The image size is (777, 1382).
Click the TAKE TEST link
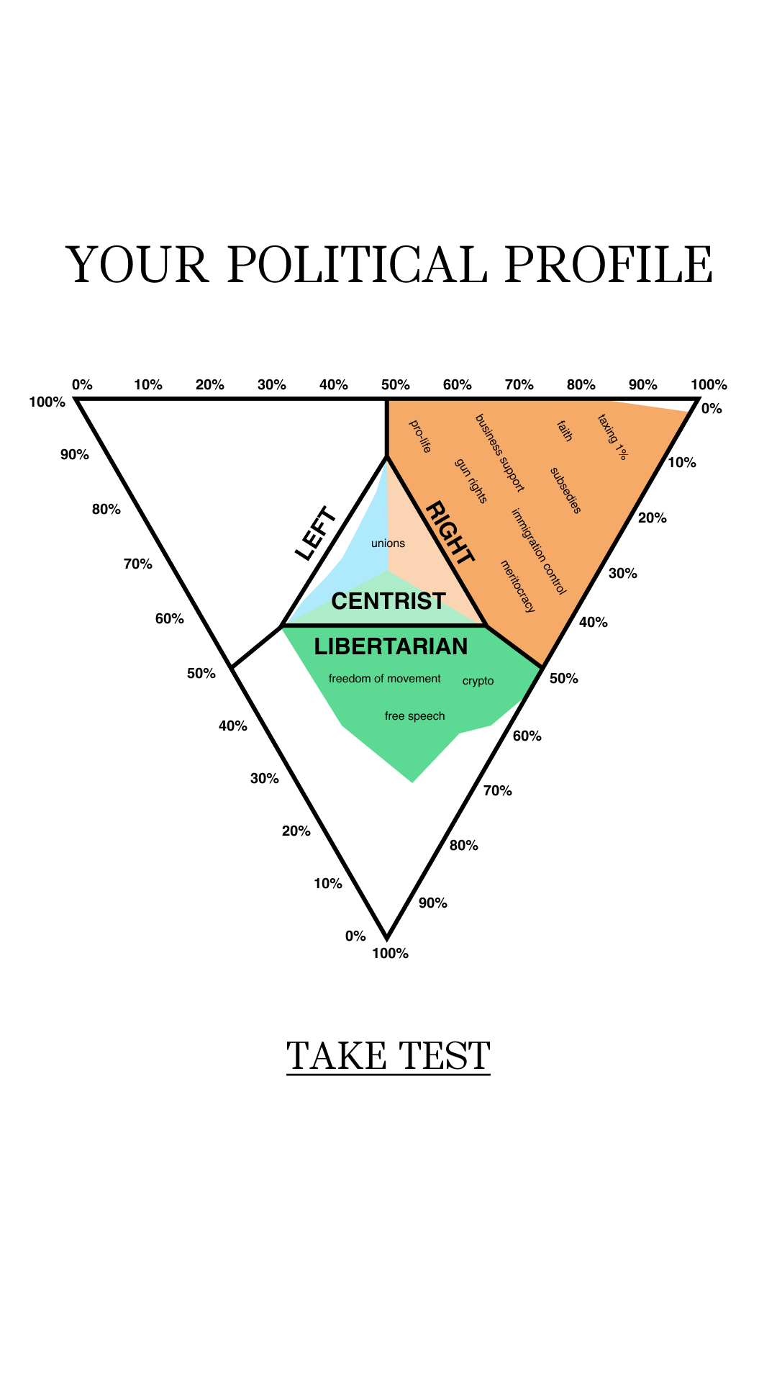point(388,1056)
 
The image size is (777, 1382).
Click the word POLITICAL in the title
point(357,264)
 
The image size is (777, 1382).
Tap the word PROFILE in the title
point(609,264)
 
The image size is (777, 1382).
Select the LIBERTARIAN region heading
point(391,646)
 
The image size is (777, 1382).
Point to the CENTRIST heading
point(388,601)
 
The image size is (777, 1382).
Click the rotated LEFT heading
point(316,533)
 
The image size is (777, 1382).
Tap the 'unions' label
point(388,543)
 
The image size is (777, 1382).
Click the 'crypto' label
point(478,681)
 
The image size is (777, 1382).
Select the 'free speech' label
point(415,716)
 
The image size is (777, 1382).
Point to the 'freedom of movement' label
point(385,679)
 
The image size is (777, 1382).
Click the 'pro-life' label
point(420,436)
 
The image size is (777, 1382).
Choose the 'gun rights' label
point(472,481)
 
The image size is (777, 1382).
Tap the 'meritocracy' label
point(518,586)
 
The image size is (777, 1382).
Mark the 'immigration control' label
point(539,551)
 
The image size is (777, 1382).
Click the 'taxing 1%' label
point(613,437)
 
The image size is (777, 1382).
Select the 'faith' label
point(565,430)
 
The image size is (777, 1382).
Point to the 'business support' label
point(500,453)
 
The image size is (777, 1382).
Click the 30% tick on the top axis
point(272,384)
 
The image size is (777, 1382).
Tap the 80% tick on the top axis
point(581,384)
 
